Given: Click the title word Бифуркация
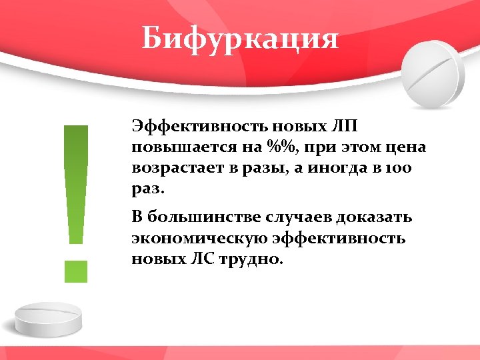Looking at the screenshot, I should click(x=240, y=39).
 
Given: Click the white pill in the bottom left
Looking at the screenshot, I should click(x=47, y=319).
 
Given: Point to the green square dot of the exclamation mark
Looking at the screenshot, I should click(x=76, y=271).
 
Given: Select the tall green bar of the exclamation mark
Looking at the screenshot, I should click(x=76, y=183).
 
